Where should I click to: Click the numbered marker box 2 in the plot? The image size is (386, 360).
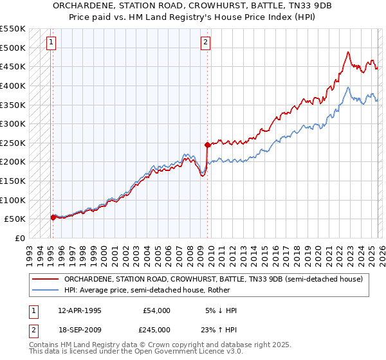pyautogui.click(x=205, y=43)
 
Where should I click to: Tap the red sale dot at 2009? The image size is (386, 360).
pyautogui.click(x=207, y=145)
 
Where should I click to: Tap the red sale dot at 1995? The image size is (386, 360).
pyautogui.click(x=53, y=217)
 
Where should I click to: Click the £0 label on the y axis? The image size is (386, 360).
pyautogui.click(x=19, y=238)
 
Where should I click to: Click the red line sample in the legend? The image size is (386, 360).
pyautogui.click(x=45, y=279)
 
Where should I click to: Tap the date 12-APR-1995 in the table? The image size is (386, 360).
pyautogui.click(x=79, y=310)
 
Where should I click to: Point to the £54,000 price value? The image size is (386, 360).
pyautogui.click(x=156, y=310)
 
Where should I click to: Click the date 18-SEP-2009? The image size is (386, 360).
pyautogui.click(x=79, y=328)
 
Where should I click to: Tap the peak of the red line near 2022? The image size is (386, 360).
pyautogui.click(x=347, y=52)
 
